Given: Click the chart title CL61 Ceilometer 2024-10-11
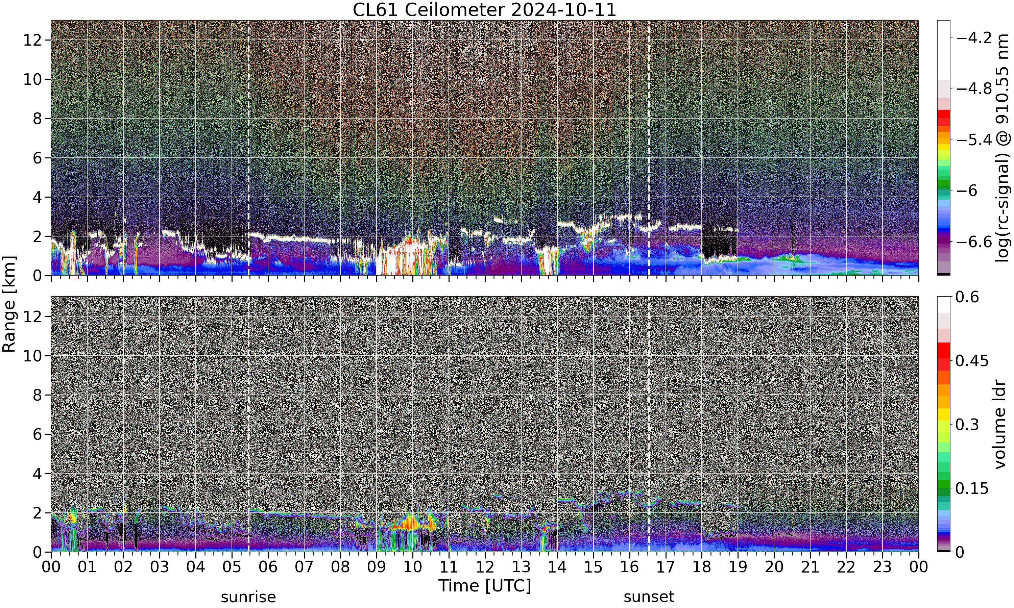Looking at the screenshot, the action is coord(484,9).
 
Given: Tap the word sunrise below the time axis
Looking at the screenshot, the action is coord(248,597).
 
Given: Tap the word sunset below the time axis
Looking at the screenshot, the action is coord(649,597).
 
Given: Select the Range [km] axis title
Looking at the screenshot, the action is coord(9,304).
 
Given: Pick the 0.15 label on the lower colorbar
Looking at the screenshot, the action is coord(972,488).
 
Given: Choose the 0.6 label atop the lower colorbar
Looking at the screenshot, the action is coord(967,297).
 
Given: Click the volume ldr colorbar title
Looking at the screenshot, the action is coord(1000,425).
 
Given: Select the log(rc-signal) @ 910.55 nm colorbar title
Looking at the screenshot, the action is coord(1003,148).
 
